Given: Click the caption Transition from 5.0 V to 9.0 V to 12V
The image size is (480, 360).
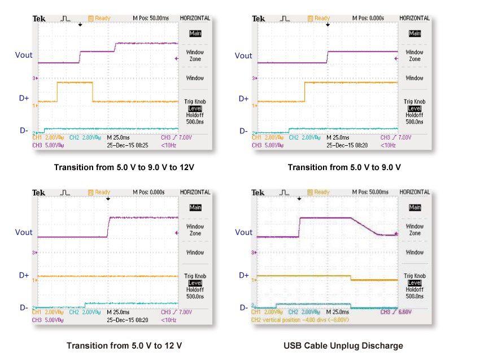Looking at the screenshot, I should click(x=119, y=167).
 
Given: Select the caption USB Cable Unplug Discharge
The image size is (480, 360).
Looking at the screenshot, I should click(x=344, y=345).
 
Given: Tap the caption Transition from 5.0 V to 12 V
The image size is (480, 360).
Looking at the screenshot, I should click(x=124, y=345).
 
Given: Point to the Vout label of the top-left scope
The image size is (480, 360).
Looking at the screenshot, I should click(x=24, y=55).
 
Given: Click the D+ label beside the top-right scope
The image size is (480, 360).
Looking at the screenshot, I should click(x=243, y=98).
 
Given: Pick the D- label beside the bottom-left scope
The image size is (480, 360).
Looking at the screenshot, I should click(x=24, y=307).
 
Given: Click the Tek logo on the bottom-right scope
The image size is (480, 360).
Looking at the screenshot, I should click(x=258, y=193).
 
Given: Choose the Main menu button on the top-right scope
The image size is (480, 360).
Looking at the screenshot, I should click(x=415, y=33).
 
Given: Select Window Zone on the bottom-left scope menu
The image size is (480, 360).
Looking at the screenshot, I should click(x=195, y=230).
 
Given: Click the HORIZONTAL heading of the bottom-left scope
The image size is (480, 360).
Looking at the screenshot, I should click(x=195, y=193).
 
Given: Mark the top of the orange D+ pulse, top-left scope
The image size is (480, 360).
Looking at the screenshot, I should click(x=75, y=83).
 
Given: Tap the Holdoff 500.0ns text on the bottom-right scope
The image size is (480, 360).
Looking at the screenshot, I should click(x=415, y=292).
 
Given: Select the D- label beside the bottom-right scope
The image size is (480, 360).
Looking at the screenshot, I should click(x=243, y=307).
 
